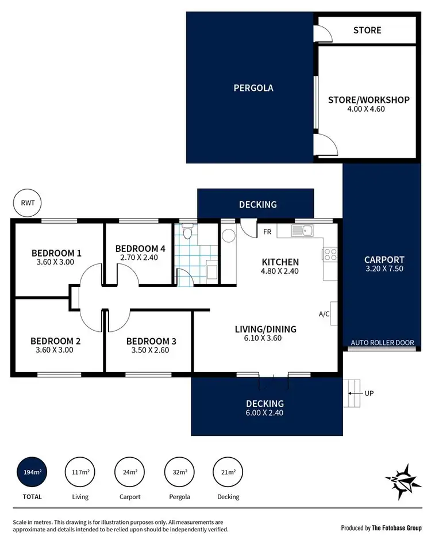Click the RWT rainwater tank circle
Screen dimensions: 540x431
coord(26,204)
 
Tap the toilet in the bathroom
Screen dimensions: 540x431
coord(187,233)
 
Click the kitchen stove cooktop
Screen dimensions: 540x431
coord(330,254)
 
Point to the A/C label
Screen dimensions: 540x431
coord(324,314)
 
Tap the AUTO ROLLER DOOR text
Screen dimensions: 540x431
coord(382,343)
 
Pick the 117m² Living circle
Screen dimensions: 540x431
coord(80,472)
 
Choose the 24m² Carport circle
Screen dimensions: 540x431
coord(130,472)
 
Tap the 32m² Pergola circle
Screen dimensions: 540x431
coord(179,472)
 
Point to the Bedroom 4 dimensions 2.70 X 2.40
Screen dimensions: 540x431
coord(140,258)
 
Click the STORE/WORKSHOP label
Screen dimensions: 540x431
coord(368,99)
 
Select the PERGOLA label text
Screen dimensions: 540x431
coord(253,88)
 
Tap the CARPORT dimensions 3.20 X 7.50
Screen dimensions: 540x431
coord(384,269)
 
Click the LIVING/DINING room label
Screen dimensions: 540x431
coord(265,329)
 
